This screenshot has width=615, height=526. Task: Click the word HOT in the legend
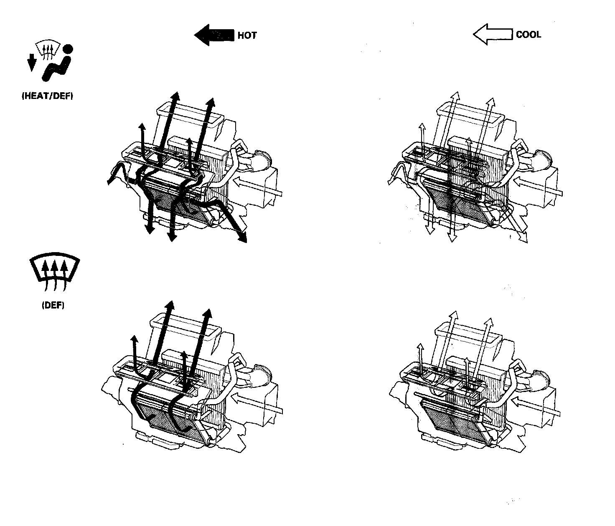point(247,35)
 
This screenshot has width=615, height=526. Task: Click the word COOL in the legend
point(529,35)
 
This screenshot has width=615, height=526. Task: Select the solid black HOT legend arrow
point(213,35)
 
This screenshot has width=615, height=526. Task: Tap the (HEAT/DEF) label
point(47,96)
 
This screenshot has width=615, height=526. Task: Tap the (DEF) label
point(53,305)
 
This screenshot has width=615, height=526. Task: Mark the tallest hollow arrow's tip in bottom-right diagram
point(453,314)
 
